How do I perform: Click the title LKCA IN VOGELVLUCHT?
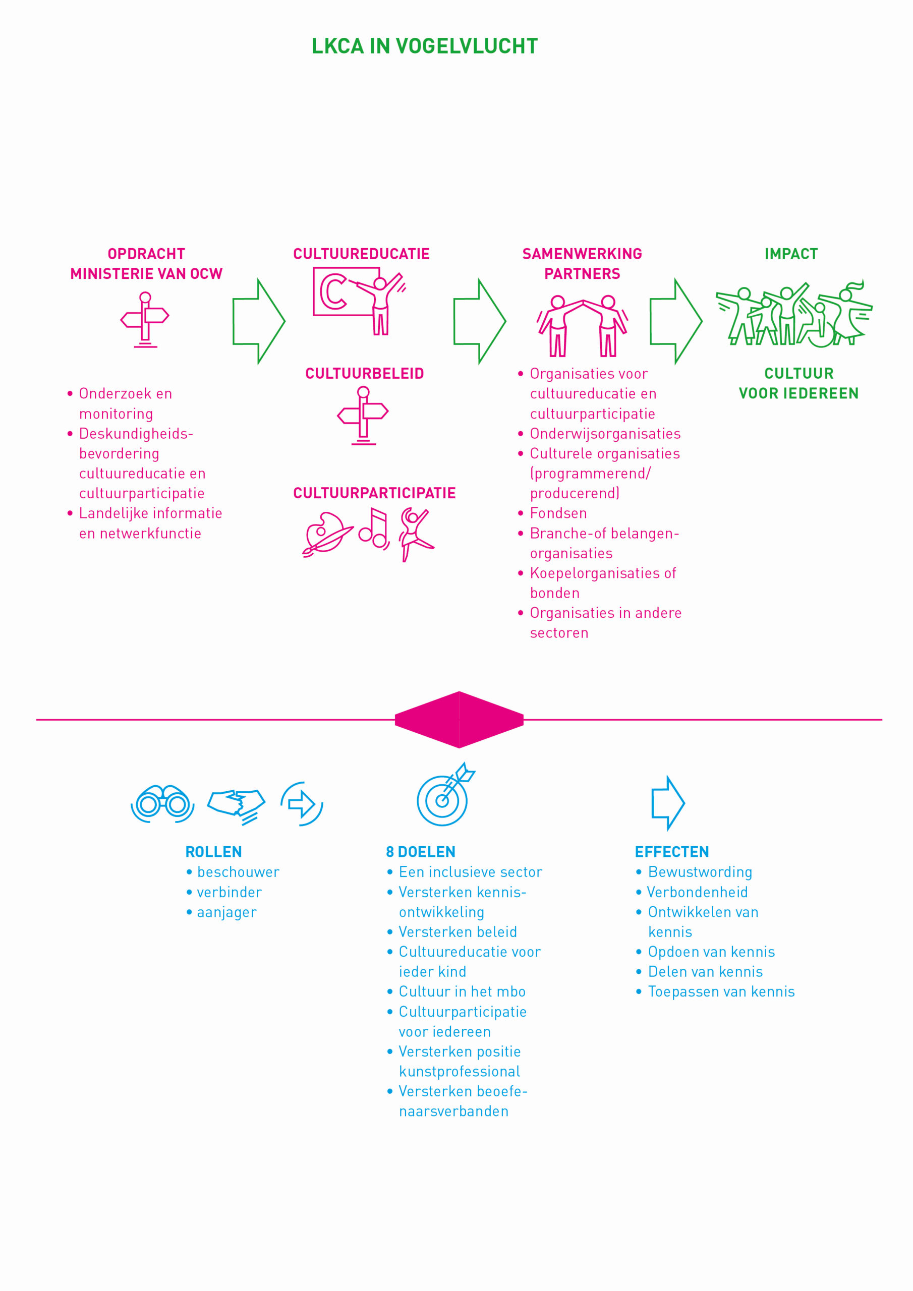[425, 46]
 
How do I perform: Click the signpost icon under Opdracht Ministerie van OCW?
[145, 320]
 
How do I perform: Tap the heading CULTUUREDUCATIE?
[361, 254]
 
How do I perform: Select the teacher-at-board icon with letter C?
[360, 302]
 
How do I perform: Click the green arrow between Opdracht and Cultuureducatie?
[259, 322]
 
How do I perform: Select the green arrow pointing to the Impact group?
[676, 322]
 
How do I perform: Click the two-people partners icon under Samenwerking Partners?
[582, 326]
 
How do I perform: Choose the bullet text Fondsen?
[558, 513]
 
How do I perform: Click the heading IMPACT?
[791, 254]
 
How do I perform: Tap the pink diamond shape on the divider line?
[459, 720]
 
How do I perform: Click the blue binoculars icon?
[162, 803]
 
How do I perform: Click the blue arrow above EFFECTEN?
[668, 803]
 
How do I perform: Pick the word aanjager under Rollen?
[226, 913]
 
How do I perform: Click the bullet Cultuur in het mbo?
[462, 992]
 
